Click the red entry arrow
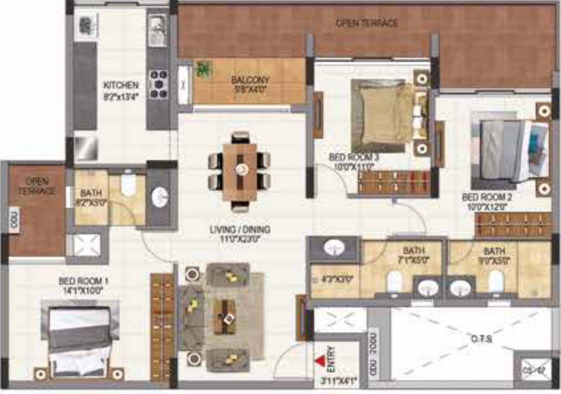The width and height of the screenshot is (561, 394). (x=320, y=361)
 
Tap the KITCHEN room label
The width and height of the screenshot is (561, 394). (x=121, y=85)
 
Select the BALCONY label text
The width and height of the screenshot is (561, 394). (x=250, y=80)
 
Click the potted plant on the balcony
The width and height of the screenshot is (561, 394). (x=204, y=69)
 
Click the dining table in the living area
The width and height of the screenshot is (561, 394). (x=239, y=171)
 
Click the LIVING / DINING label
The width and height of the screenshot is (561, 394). (x=240, y=229)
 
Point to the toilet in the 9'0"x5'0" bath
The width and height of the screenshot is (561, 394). (x=495, y=281)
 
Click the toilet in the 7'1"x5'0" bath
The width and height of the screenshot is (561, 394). (x=394, y=281)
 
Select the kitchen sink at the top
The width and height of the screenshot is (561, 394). (x=156, y=24)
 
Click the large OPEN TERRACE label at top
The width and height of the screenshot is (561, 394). (x=366, y=23)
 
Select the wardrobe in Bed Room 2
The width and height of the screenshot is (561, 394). (x=513, y=224)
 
